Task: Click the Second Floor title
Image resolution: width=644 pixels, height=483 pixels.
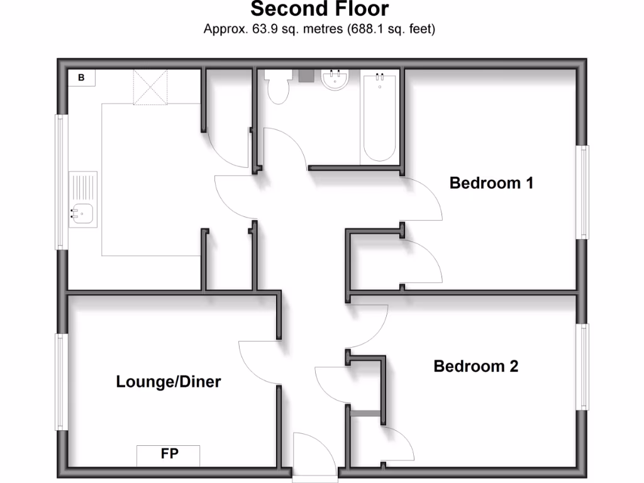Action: pos(319,9)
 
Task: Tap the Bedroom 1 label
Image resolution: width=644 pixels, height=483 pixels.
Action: pos(491,183)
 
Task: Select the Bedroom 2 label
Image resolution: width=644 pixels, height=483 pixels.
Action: pos(475,366)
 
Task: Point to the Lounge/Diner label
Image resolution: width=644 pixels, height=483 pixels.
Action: pos(168,381)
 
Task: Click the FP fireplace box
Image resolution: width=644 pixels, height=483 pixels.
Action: pos(169,455)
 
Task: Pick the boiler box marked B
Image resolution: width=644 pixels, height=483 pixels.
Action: pos(82,78)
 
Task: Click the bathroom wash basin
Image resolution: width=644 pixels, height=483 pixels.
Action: pos(334,80)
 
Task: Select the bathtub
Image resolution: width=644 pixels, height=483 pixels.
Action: pos(379,116)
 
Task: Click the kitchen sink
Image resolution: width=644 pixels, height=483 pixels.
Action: pos(82,214)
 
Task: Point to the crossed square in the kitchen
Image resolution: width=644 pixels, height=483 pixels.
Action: pos(150,87)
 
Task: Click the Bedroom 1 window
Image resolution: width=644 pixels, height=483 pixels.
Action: pos(584,192)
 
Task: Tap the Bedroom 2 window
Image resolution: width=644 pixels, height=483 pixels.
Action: pos(584,367)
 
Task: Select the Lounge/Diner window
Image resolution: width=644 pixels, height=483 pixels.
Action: pos(61,381)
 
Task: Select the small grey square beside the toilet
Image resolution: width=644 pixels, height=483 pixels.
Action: pos(306,75)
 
